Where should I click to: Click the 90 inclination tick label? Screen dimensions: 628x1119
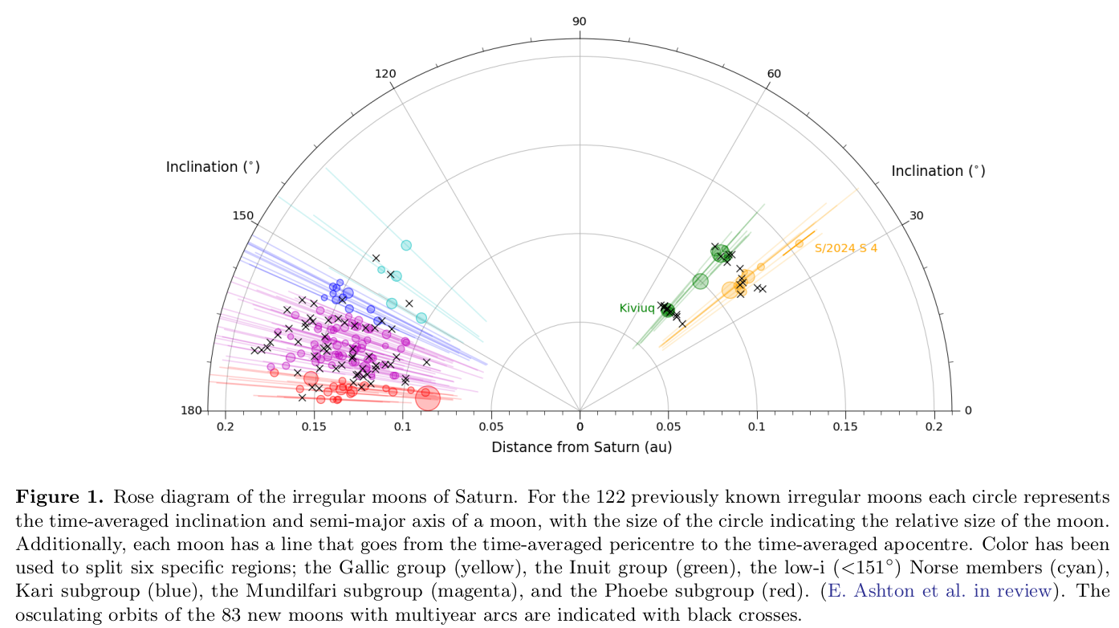[x=579, y=22]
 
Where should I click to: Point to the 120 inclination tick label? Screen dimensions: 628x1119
[x=385, y=74]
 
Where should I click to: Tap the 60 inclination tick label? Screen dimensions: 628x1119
[x=773, y=74]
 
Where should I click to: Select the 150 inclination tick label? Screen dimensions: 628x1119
[x=242, y=216]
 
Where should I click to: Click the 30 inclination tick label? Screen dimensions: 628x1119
[x=917, y=216]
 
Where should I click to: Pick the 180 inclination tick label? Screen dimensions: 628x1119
[x=192, y=411]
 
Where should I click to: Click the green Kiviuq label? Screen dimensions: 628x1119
[x=637, y=308]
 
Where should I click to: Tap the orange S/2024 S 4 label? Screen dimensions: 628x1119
[x=846, y=248]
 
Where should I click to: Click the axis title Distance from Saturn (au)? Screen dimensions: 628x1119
[x=582, y=447]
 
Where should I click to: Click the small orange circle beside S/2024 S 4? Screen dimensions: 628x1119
[x=799, y=243]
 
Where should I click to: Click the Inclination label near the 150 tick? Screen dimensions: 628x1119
[x=213, y=167]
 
